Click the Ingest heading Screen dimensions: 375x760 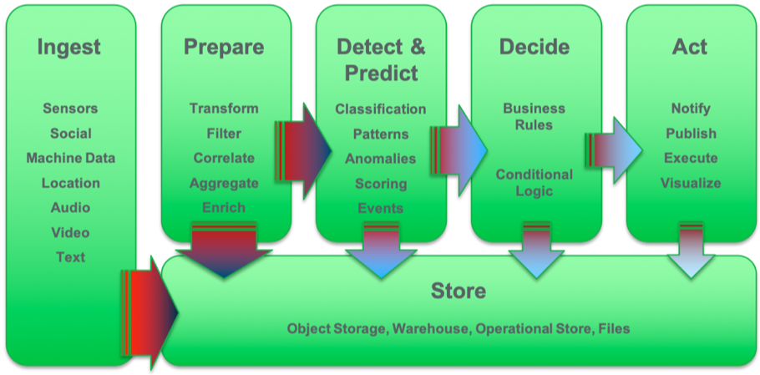click(70, 48)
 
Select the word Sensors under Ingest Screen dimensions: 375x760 click(70, 109)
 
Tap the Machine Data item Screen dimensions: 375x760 click(70, 158)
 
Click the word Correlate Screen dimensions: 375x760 click(224, 158)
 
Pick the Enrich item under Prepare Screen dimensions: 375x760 click(224, 207)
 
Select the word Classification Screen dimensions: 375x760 click(380, 109)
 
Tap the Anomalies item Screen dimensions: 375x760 click(380, 159)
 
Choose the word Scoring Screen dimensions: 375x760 click(380, 184)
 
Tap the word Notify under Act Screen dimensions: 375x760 click(691, 109)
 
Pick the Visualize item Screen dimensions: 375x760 click(691, 183)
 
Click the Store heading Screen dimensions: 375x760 click(458, 291)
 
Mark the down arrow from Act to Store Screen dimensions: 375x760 click(691, 250)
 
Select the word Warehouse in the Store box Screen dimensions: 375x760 click(429, 328)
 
